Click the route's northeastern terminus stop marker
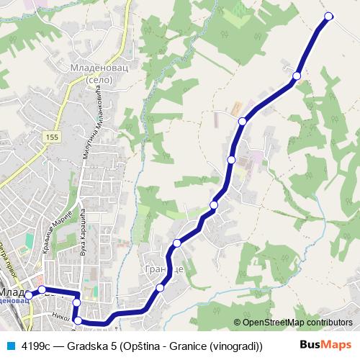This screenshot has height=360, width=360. coord(329,16)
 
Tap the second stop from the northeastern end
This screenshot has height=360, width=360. coord(296,75)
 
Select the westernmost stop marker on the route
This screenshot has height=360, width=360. coord(28,295)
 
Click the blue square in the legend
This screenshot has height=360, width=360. coord(10,345)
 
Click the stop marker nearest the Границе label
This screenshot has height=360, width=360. coord(160,288)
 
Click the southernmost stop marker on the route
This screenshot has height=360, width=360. coord(78,320)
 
